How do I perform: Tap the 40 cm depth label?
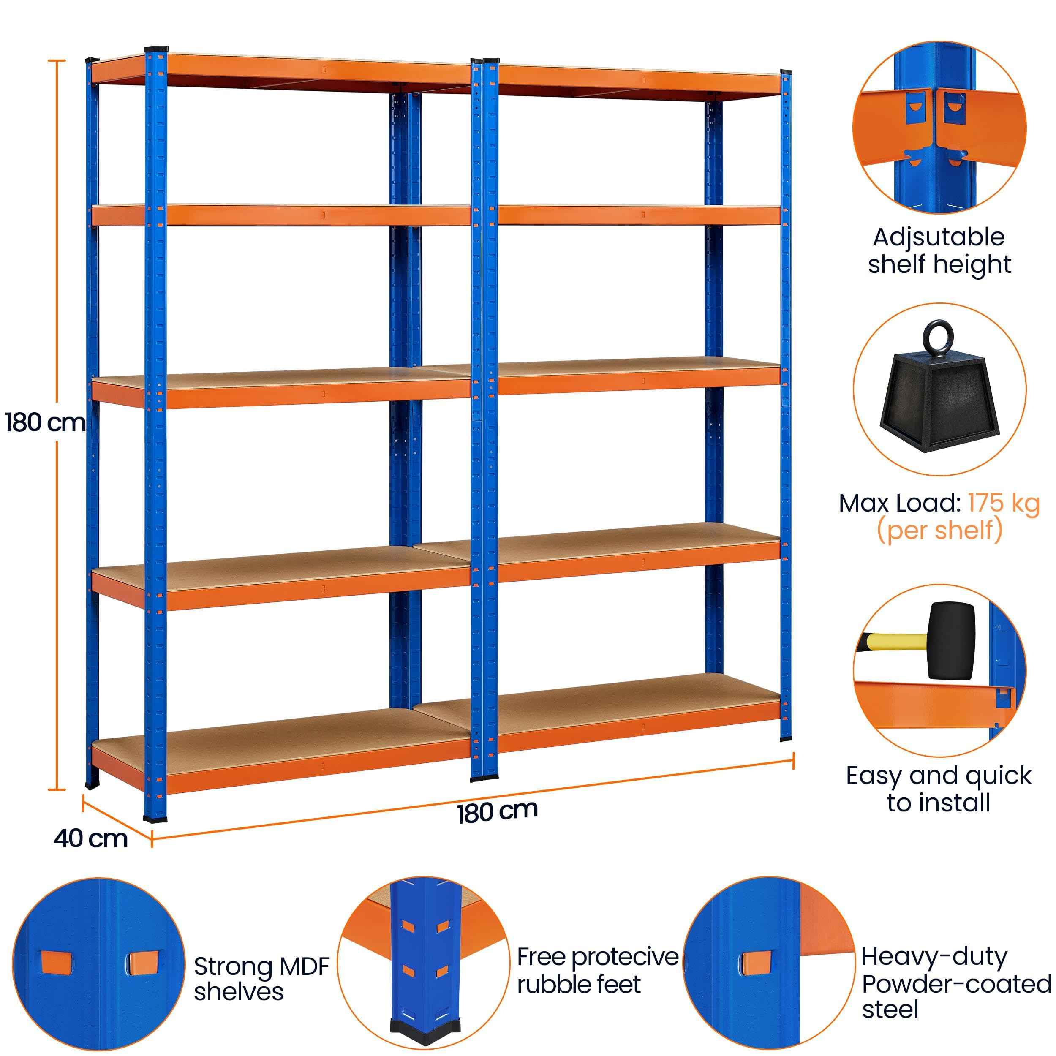91,838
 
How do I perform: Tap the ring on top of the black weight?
939,339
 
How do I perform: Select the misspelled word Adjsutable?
939,237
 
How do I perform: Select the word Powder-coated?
956,984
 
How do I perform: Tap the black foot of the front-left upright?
155,818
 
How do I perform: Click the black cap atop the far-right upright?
786,72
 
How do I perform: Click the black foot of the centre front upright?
484,774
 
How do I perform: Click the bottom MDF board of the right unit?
601,694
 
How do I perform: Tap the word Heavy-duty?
934,956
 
